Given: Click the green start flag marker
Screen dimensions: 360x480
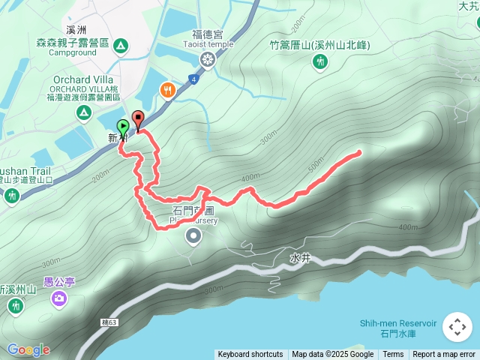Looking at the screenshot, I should click(x=123, y=127).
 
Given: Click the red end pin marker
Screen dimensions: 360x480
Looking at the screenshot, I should click(x=138, y=118).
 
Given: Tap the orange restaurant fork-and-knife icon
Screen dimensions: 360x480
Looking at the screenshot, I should click(x=166, y=90).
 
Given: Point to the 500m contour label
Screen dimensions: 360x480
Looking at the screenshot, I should click(x=316, y=163).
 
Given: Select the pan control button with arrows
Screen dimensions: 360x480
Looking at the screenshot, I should click(x=457, y=327).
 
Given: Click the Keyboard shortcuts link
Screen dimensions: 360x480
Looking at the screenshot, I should click(x=250, y=355).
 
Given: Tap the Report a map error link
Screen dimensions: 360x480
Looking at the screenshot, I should click(x=444, y=355).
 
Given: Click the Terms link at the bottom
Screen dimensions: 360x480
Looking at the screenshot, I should click(x=393, y=355).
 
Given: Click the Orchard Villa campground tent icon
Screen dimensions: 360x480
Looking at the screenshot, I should click(x=84, y=112).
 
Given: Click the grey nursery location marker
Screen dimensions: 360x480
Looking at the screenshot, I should click(x=193, y=238).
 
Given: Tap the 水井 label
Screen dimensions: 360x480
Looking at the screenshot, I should click(x=298, y=256).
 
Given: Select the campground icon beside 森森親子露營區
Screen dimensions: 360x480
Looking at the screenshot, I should click(x=120, y=46).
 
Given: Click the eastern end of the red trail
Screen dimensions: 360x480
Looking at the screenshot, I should click(x=358, y=153).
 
